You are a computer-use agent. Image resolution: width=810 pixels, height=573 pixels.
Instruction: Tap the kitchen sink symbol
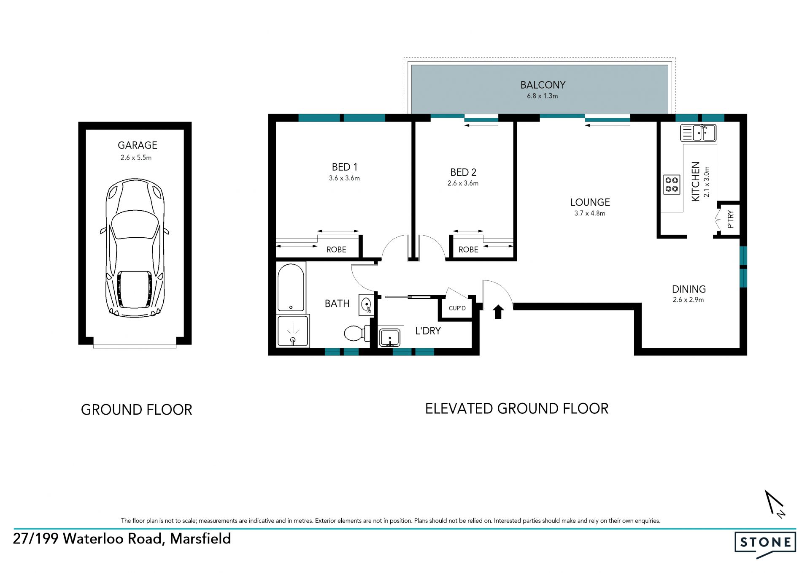[x=698, y=133]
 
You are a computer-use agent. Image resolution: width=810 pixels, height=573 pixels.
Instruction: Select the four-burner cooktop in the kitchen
[x=672, y=185]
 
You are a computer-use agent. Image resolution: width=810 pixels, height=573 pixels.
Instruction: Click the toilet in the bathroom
[x=357, y=334]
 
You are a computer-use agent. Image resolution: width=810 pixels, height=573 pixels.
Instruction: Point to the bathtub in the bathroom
[x=291, y=288]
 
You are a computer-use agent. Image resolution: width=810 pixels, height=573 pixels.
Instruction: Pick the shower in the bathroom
[x=293, y=331]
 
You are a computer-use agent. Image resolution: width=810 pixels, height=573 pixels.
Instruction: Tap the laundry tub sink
[x=390, y=338]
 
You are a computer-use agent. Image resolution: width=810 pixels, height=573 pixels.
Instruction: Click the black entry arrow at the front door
[x=498, y=312]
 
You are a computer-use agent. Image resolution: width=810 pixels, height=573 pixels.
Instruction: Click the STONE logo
[x=765, y=544]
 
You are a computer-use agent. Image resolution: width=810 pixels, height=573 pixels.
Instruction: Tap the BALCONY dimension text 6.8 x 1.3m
[x=542, y=96]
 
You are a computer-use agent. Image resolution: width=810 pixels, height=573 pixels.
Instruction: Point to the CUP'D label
[x=457, y=308]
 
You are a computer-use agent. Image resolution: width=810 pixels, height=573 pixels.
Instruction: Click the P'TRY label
[x=731, y=219]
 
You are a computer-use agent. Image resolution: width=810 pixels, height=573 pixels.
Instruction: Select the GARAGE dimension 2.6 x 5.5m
[x=136, y=158]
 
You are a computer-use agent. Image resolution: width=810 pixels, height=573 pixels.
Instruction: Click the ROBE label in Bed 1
[x=336, y=250]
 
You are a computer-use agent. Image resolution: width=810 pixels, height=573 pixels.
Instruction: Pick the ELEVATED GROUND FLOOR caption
[x=517, y=409]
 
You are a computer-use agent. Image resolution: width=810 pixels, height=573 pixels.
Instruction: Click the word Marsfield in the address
[x=200, y=539]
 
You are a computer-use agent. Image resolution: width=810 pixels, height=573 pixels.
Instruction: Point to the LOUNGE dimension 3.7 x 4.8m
[x=590, y=213]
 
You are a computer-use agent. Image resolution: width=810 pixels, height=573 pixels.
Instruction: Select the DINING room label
[x=689, y=289]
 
